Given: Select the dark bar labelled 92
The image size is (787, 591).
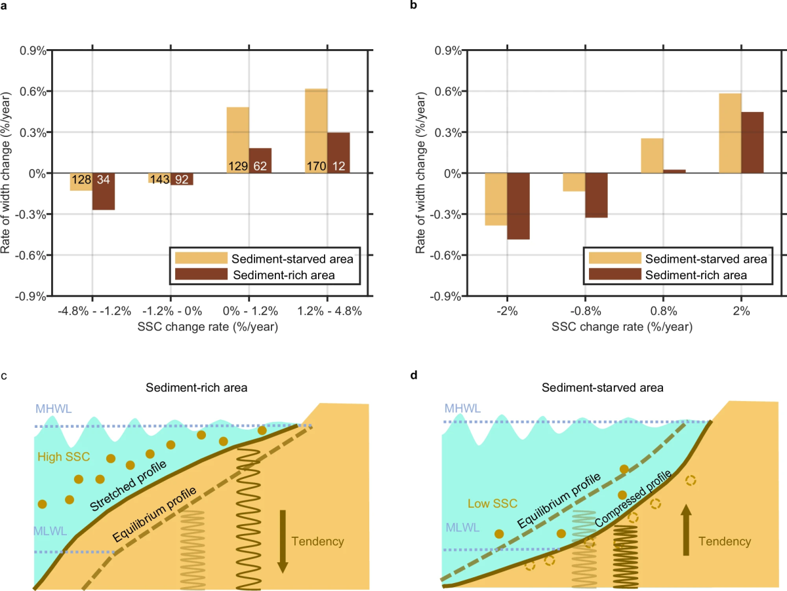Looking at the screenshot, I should (x=182, y=179).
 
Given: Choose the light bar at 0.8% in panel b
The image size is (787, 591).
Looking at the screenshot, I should (x=652, y=155).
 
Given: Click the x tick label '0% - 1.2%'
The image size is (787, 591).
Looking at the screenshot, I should (x=249, y=311).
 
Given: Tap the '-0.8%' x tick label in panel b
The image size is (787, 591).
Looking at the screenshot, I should (x=586, y=311).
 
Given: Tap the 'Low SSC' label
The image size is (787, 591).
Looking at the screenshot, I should (x=493, y=503).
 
